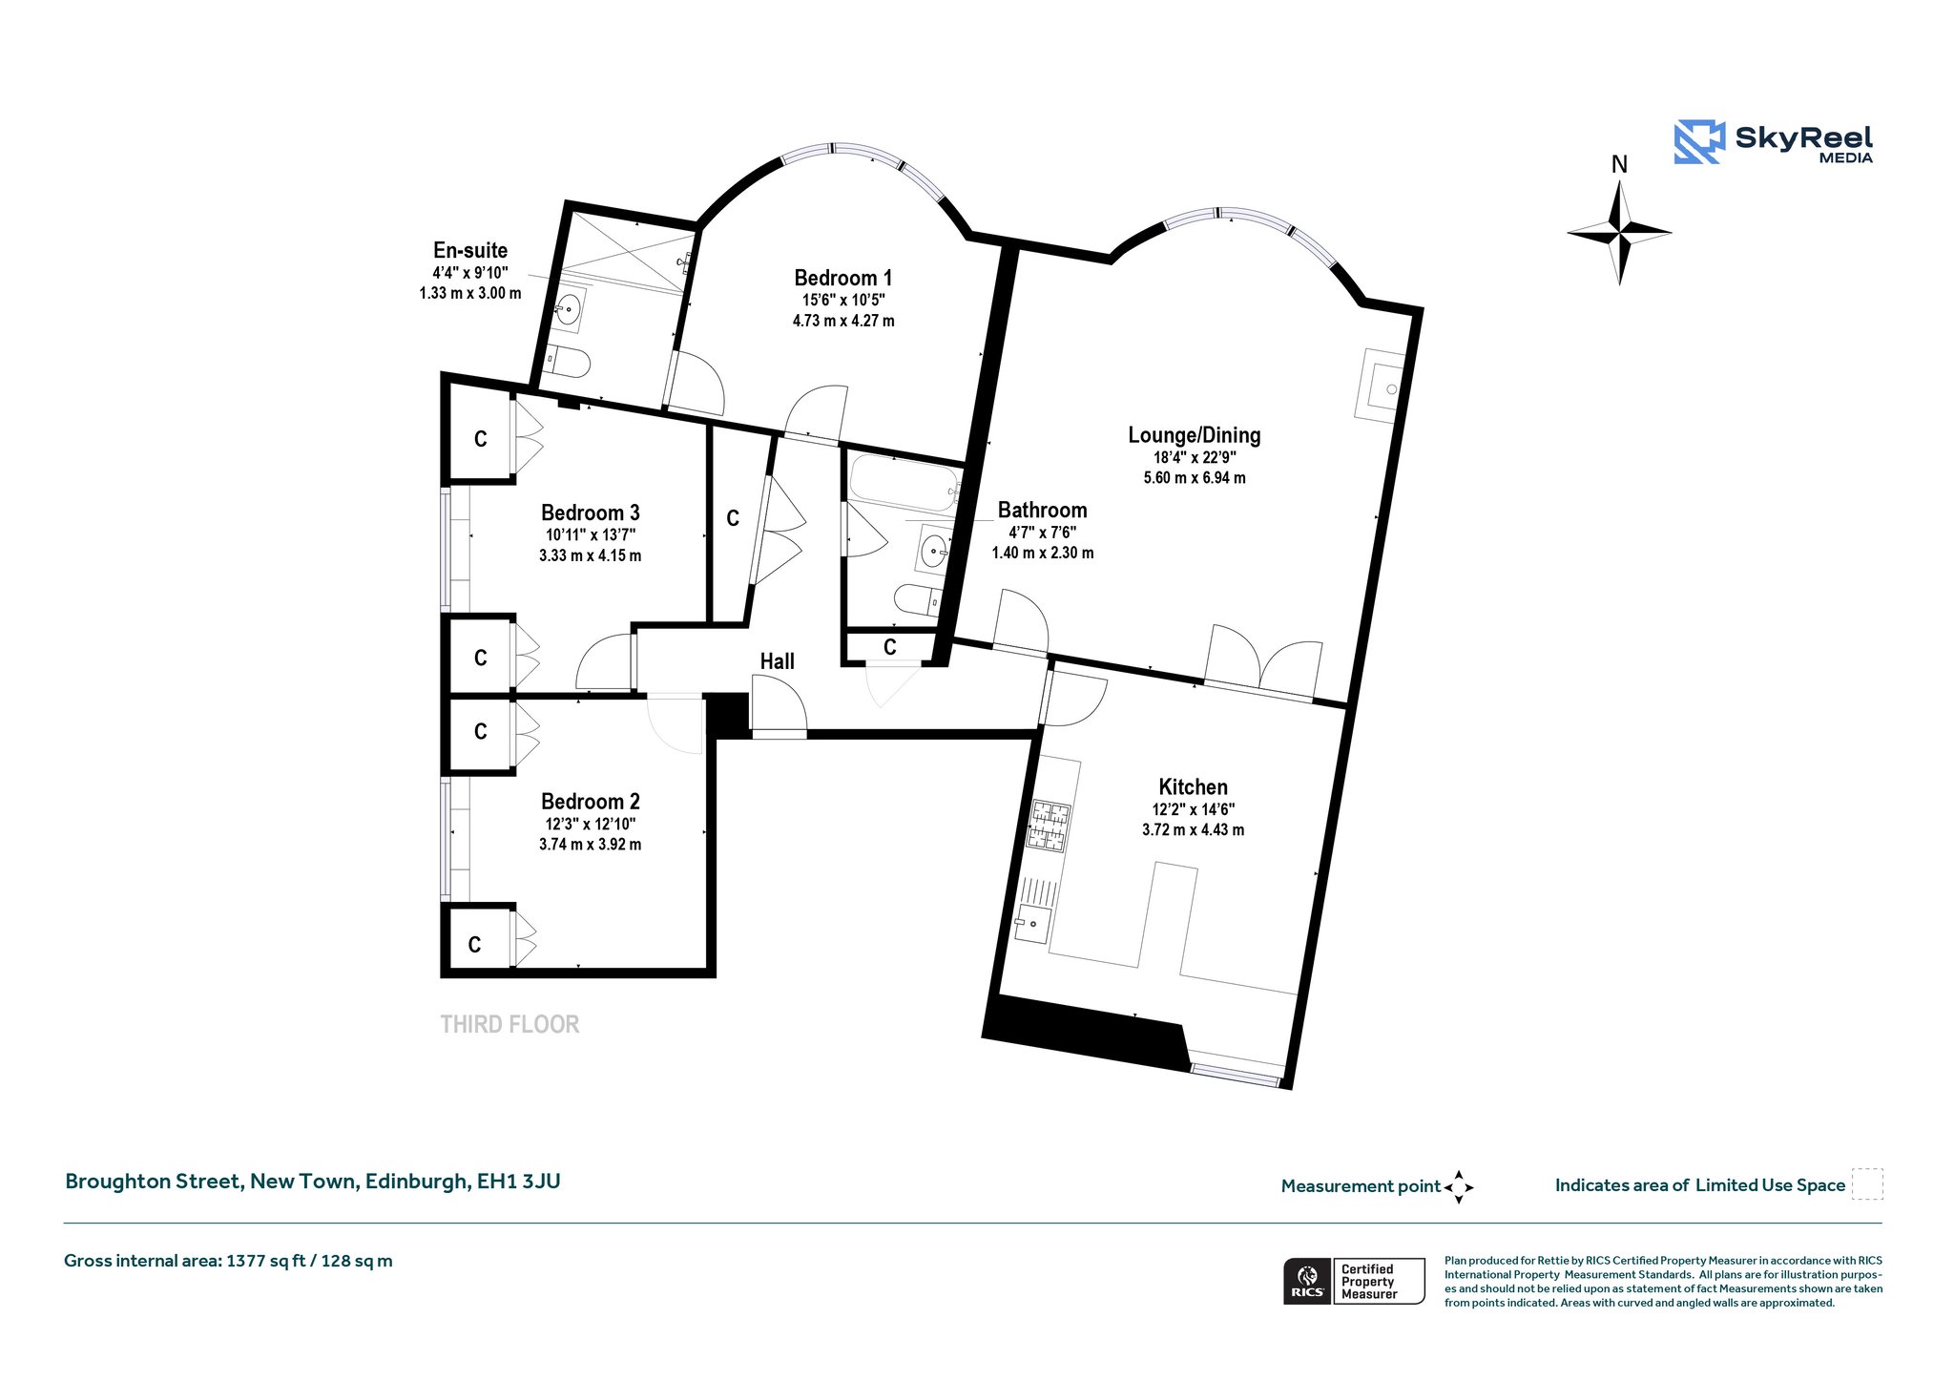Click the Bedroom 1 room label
843,279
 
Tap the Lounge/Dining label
1195,436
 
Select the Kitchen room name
1193,787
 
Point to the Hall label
778,661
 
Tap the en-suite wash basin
570,309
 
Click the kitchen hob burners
1049,827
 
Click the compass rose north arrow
1619,204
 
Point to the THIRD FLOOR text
509,1025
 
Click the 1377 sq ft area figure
265,1262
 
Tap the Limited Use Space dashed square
1867,1184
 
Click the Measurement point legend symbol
1459,1187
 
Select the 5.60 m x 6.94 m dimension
1195,478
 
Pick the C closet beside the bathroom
890,648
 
